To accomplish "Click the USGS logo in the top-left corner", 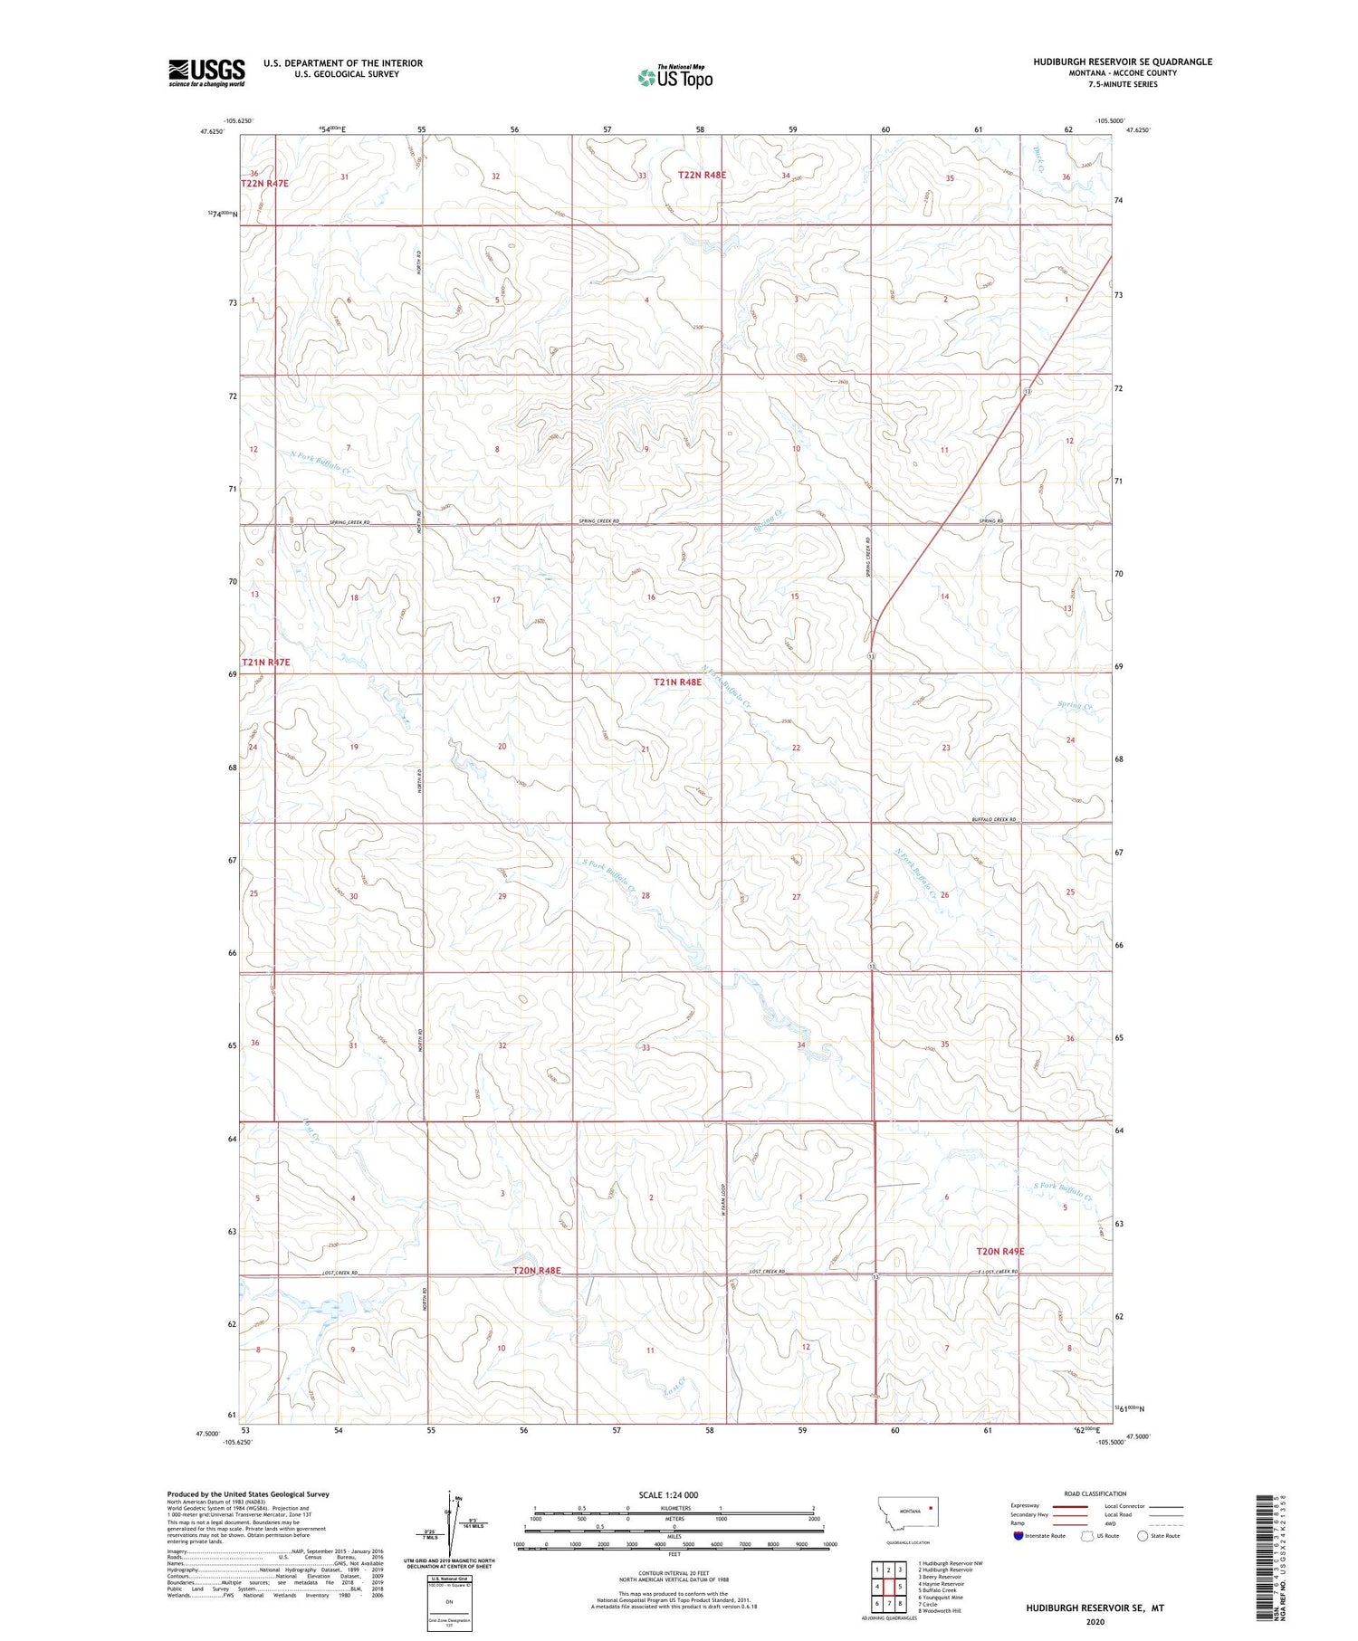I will [206, 72].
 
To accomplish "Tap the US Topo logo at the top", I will [675, 78].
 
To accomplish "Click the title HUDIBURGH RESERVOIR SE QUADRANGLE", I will [1123, 62].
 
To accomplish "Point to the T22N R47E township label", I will [264, 184].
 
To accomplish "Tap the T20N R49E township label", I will [999, 1252].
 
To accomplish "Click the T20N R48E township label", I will [537, 1271].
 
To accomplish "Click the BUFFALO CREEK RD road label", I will [994, 819].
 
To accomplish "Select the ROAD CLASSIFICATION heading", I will [1095, 1493].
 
